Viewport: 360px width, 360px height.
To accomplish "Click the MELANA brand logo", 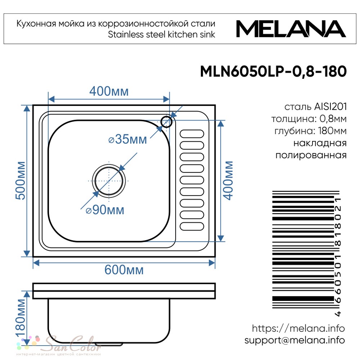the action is tap(291, 29).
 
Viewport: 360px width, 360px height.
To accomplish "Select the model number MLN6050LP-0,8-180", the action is tap(273, 71).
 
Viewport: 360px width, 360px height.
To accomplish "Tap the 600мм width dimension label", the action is tap(124, 270).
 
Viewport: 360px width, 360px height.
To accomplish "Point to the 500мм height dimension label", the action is tap(21, 180).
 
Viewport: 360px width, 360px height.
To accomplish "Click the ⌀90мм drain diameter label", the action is tap(105, 210).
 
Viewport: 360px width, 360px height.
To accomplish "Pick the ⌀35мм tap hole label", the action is tap(127, 139).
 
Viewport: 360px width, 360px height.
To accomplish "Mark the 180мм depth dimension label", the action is tap(21, 318).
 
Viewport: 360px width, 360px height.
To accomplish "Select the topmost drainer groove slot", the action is tap(192, 134).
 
